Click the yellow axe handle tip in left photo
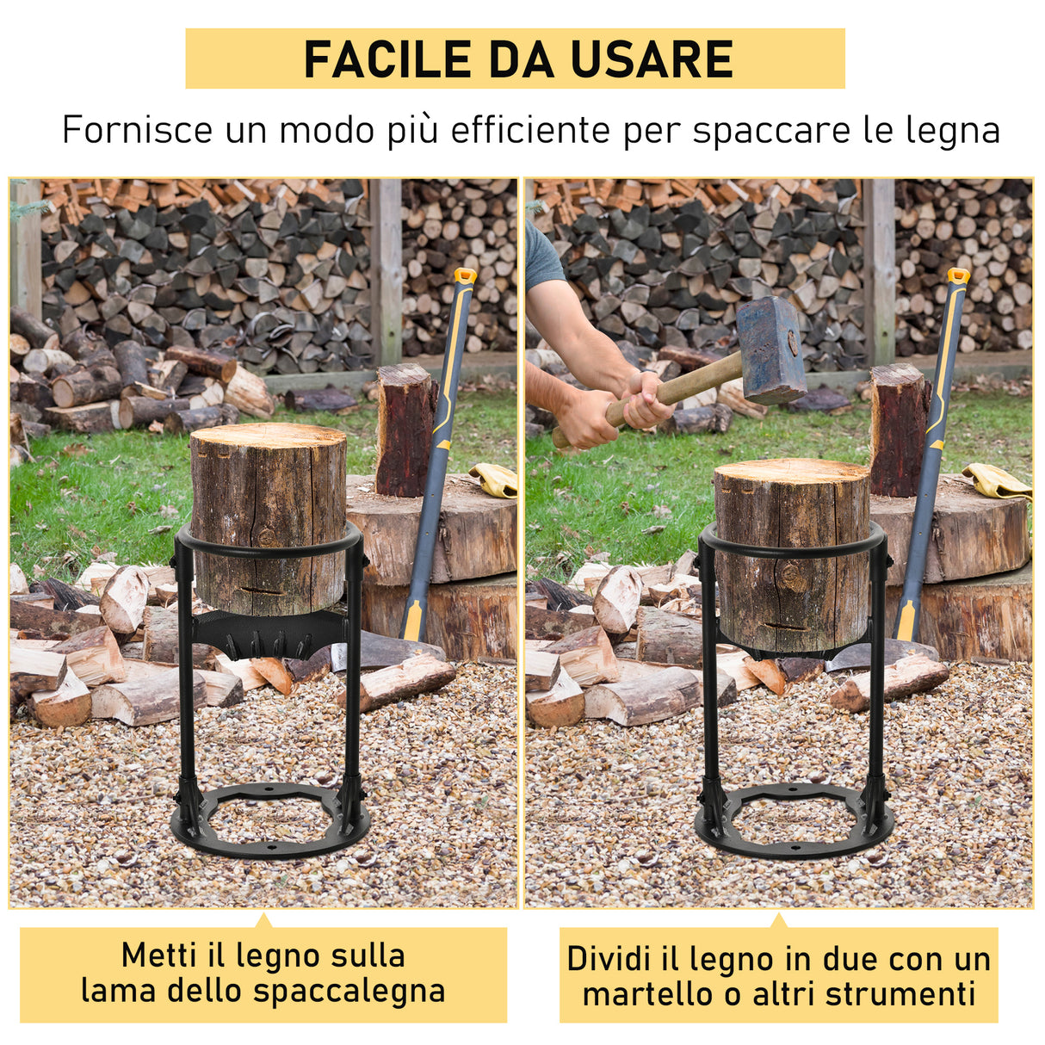coord(465,276)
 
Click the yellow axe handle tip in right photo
coord(957,276)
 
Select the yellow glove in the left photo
coord(496,479)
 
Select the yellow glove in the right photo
coord(997,480)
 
